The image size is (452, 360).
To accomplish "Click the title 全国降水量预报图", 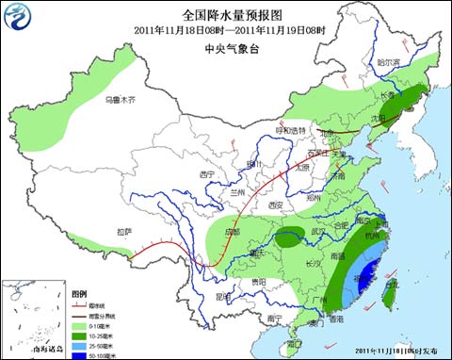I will [x=225, y=14].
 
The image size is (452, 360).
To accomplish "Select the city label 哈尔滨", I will [x=388, y=62].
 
